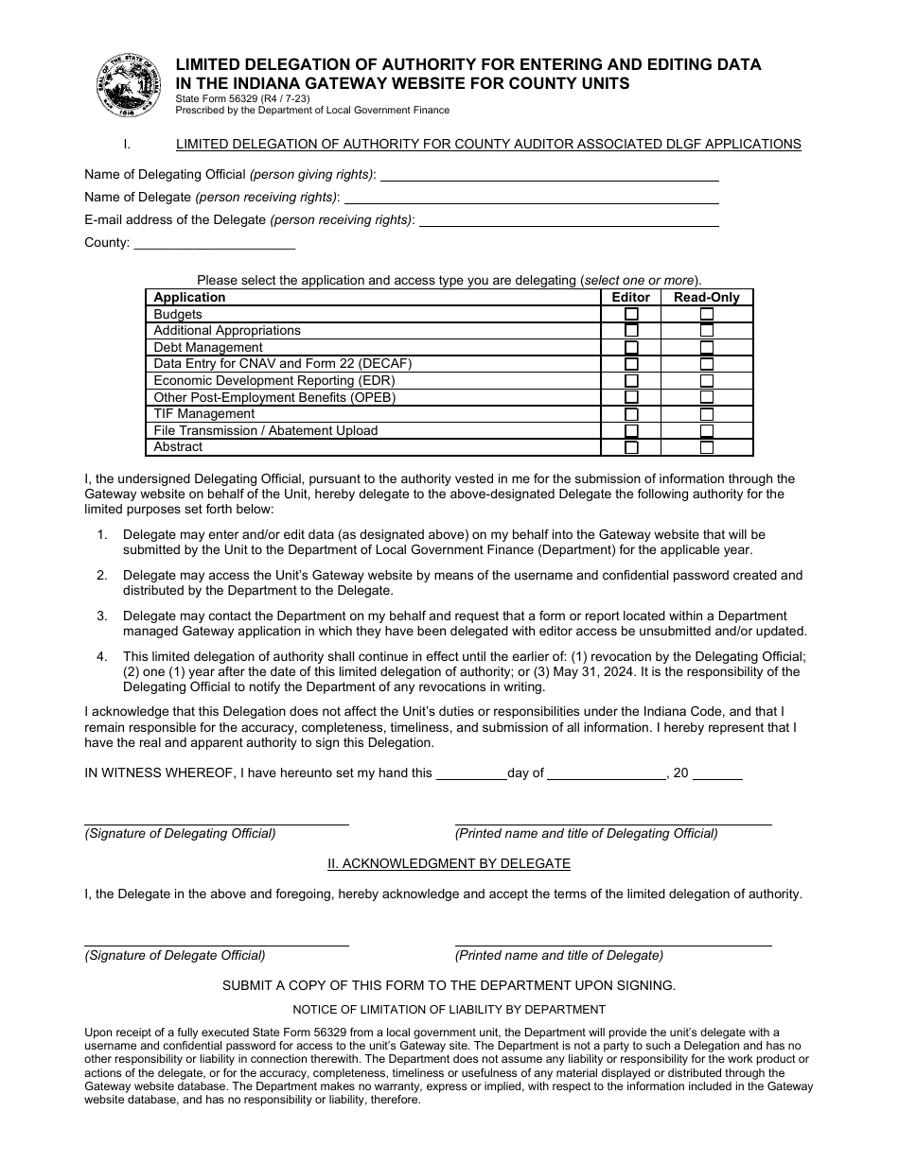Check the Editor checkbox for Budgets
point(631,314)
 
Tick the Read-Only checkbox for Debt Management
point(706,347)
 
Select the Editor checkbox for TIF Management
point(631,414)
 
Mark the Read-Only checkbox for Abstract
point(706,447)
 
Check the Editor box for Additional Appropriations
point(631,331)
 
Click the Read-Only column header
point(706,297)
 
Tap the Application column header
point(189,297)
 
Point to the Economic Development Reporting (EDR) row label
point(274,380)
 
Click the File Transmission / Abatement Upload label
point(265,430)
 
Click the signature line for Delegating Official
point(216,823)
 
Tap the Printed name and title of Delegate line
point(612,944)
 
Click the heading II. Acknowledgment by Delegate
point(449,863)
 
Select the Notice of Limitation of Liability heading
point(449,1010)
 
